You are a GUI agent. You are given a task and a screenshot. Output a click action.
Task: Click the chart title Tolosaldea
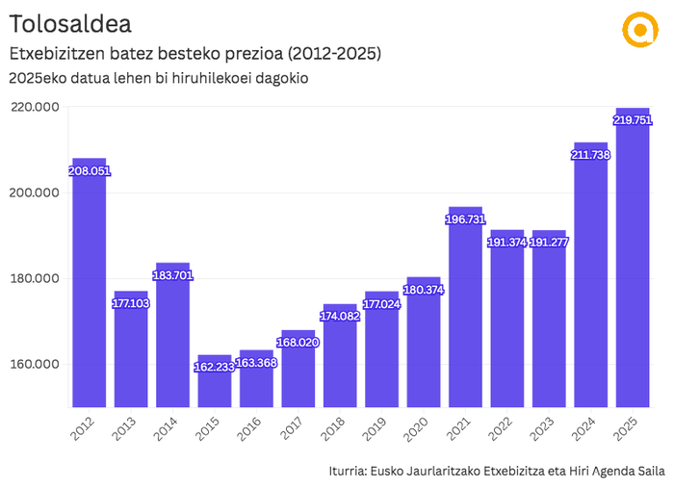[70, 22]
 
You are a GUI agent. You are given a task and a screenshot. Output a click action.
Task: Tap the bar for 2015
[215, 380]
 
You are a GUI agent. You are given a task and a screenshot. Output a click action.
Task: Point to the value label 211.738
[590, 155]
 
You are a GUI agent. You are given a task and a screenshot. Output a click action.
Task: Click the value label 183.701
[173, 275]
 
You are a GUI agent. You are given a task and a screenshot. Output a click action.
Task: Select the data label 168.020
[298, 343]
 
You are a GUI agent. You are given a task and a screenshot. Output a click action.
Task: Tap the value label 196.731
[465, 219]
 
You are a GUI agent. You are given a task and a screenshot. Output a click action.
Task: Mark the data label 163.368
[257, 363]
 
